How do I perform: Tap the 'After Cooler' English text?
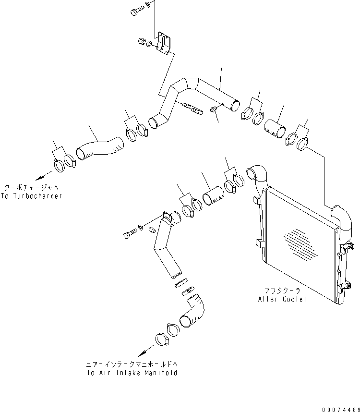point(282,299)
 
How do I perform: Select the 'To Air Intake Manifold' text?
point(132,373)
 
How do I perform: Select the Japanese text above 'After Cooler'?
point(282,291)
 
